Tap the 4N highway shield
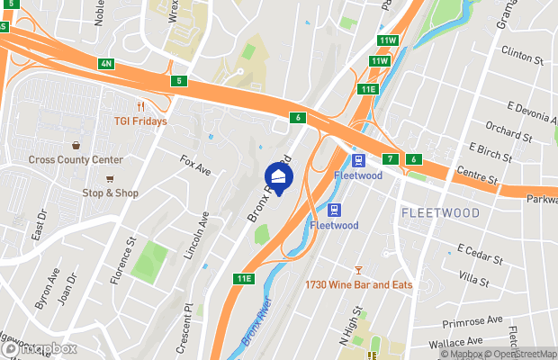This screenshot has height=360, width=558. pos(106,64)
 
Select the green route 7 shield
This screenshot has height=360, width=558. pos(391,159)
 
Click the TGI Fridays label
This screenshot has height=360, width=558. pos(139,121)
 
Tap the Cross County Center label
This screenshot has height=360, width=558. pos(75,160)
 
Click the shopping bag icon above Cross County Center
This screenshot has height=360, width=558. pos(76,145)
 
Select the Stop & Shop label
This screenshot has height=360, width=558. pos(111,193)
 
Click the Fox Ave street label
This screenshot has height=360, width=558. pos(195,166)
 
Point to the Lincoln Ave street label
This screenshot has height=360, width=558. pos(197,236)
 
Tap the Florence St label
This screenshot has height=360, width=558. pos(123,262)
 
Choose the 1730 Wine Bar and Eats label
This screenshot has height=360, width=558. pos(357,285)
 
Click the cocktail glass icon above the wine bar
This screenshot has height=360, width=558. pos(358,270)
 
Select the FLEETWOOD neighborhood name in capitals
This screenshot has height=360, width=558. pos(440,212)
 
